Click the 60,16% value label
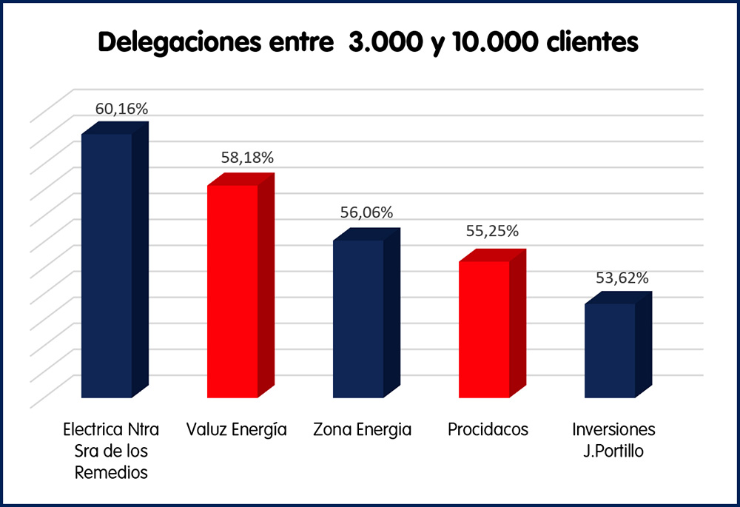tap(122, 109)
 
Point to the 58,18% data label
tap(247, 158)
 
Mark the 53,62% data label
tap(622, 278)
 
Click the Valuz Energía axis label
tap(237, 430)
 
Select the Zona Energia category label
tap(362, 430)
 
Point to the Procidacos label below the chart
tap(488, 430)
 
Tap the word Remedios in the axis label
tap(111, 472)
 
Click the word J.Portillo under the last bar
tap(614, 451)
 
